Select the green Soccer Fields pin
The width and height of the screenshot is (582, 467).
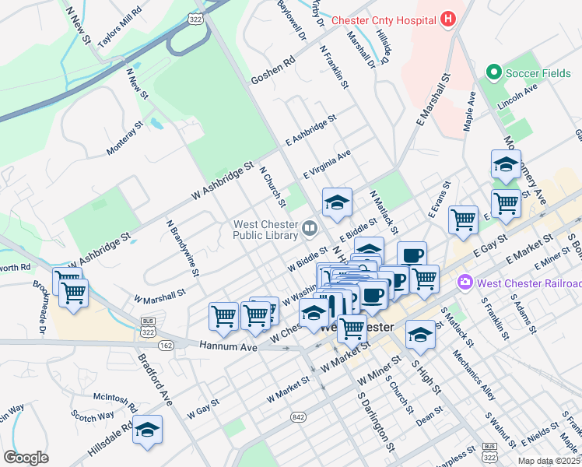[493, 73]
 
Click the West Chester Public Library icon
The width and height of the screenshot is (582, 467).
[310, 228]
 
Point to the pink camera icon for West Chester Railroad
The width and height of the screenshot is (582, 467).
[465, 282]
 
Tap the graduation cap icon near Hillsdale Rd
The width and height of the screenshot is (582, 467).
[146, 430]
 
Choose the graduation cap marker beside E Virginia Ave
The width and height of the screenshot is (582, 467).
[337, 203]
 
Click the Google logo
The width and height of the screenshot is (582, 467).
[26, 458]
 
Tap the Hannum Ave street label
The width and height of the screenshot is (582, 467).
[228, 346]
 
